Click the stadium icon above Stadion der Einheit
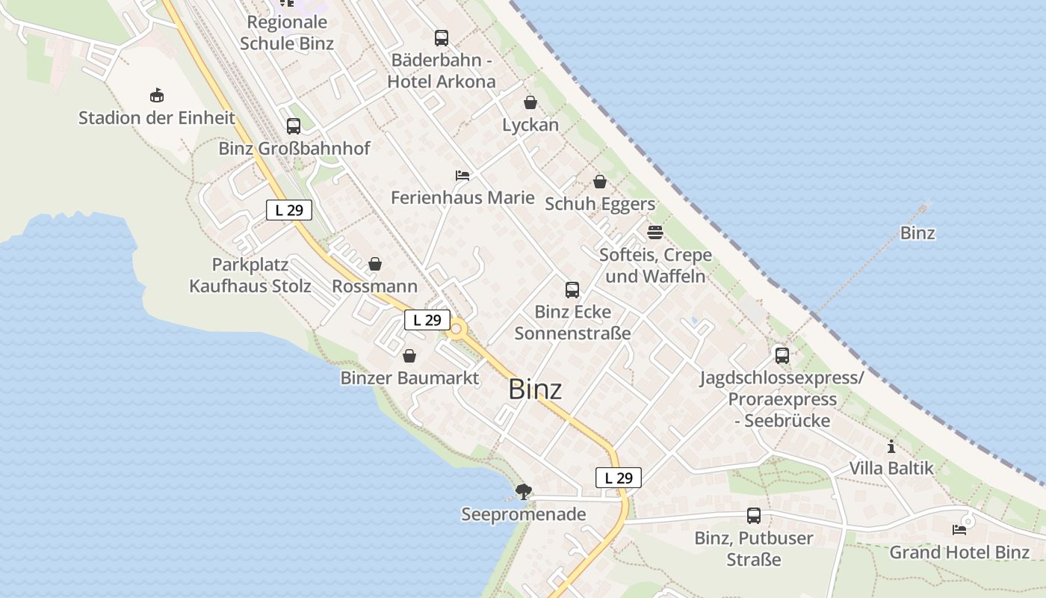coord(156,96)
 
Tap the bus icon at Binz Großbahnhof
coord(294,126)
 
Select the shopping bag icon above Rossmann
coord(375,265)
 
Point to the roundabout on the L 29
coord(456,328)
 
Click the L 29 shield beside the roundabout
coord(427,320)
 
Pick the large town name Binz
coord(535,389)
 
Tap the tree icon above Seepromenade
coord(524,491)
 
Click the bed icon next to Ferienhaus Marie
coord(462,176)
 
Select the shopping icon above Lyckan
coord(530,102)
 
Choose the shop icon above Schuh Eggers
coord(600,182)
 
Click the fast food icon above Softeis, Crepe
coord(655,232)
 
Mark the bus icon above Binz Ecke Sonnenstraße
coord(572,290)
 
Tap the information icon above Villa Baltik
coord(891,447)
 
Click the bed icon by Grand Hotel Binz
coord(959,530)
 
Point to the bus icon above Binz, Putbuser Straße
coord(754,516)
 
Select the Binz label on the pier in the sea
coord(917,233)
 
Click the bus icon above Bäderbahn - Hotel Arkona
coord(442,38)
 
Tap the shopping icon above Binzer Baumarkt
coord(409,356)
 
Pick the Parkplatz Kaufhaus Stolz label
coord(250,275)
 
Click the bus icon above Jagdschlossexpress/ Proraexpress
coord(782,356)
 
